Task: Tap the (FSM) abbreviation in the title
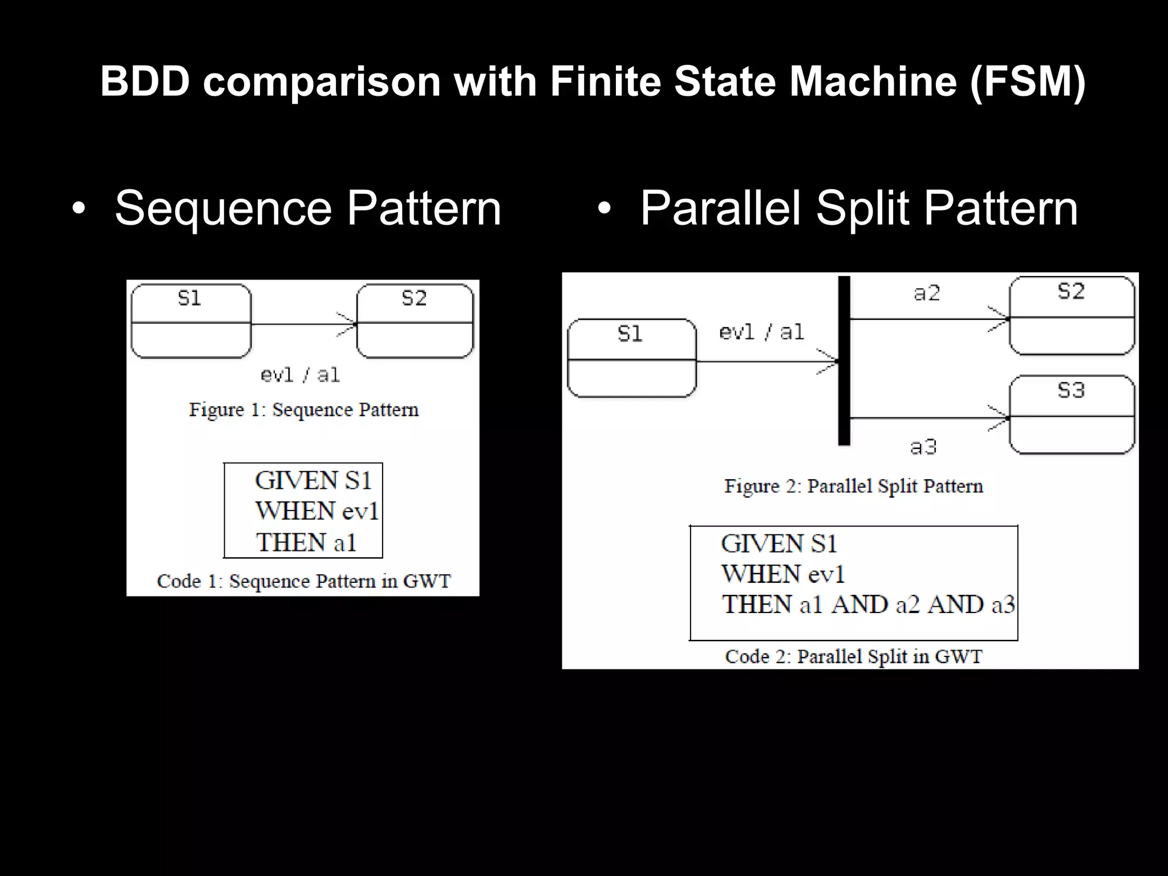tap(1027, 81)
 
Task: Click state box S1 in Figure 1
tap(190, 321)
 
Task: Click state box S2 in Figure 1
tap(415, 321)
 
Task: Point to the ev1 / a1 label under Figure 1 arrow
tap(300, 375)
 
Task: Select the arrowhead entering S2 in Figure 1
tap(348, 324)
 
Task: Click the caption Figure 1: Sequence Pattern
tap(303, 409)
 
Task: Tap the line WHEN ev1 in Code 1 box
tap(317, 511)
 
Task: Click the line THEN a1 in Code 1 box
tap(306, 542)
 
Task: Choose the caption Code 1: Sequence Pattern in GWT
tap(303, 581)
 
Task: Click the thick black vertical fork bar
tap(844, 360)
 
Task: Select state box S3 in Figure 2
tap(1071, 415)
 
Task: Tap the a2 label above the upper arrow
tap(926, 293)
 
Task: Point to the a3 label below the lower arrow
tap(923, 447)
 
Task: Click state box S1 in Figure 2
tap(631, 358)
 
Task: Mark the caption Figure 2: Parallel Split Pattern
tap(853, 486)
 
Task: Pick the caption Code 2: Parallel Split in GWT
tap(853, 656)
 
